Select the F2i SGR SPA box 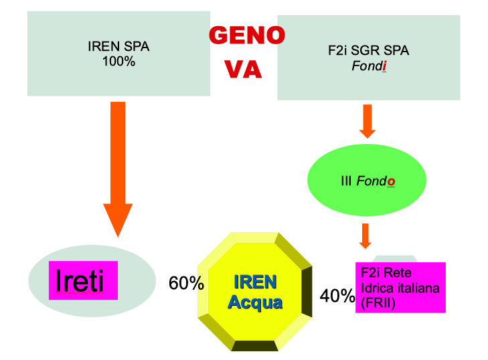tap(368, 58)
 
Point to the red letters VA tap(243, 69)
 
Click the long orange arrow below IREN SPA tap(118, 167)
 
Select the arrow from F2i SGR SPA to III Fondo tap(368, 120)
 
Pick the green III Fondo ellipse tap(366, 181)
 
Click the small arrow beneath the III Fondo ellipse tap(365, 235)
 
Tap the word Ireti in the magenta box tap(80, 281)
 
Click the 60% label tap(185, 284)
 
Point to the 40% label tap(337, 296)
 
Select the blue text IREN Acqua tap(255, 291)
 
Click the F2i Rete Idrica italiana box tap(400, 287)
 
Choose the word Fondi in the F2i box tap(370, 67)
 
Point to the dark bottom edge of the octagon tap(255, 346)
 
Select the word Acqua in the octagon tap(255, 302)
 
